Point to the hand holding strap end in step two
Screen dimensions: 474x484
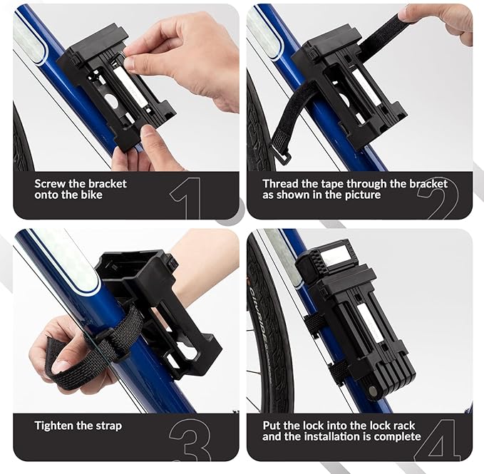pyautogui.click(x=442, y=19)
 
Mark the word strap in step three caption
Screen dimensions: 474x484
pyautogui.click(x=108, y=426)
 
